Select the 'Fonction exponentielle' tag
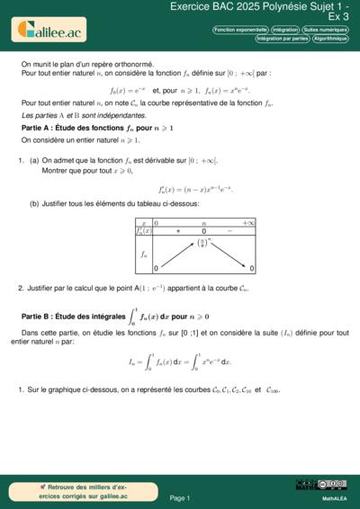[239, 30]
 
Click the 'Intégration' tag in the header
[284, 30]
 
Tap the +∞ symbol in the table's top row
[248, 222]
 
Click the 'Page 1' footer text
[179, 497]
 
